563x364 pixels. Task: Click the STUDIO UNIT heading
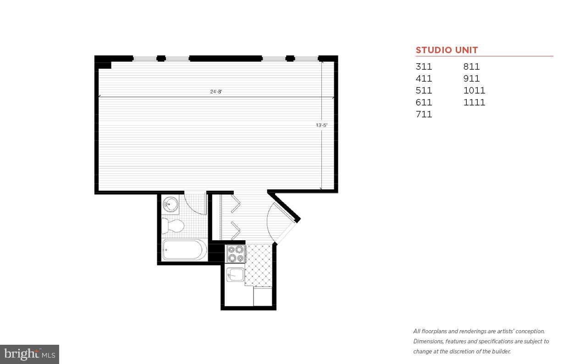pos(447,50)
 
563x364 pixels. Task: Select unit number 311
pos(424,66)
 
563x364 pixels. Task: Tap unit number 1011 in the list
pos(474,90)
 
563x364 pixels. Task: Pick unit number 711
pos(424,114)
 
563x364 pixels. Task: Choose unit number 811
pos(471,66)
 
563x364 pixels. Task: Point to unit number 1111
pos(474,102)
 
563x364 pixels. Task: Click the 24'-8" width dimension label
pos(216,92)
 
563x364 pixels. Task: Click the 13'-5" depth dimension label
pos(321,125)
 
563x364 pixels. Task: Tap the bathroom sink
pos(171,204)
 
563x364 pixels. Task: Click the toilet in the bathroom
pos(173,226)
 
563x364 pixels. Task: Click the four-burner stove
pos(236,254)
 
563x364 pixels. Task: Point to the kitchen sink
pos(236,275)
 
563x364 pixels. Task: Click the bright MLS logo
pos(29,354)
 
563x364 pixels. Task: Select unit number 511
pos(424,90)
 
